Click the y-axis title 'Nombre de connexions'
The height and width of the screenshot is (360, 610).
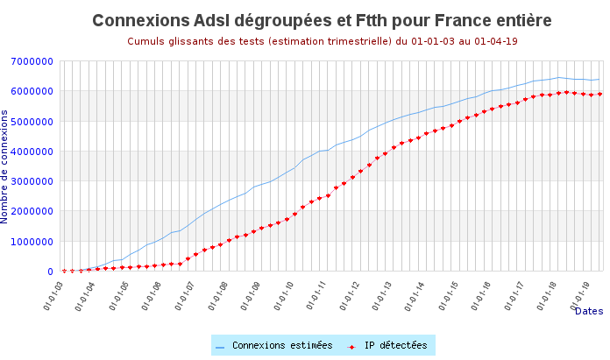(5, 166)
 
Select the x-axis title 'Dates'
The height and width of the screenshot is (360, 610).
(589, 311)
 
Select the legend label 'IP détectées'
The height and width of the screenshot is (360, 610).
(395, 346)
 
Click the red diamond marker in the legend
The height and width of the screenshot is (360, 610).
(351, 347)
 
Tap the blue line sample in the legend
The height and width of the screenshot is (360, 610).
(221, 347)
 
